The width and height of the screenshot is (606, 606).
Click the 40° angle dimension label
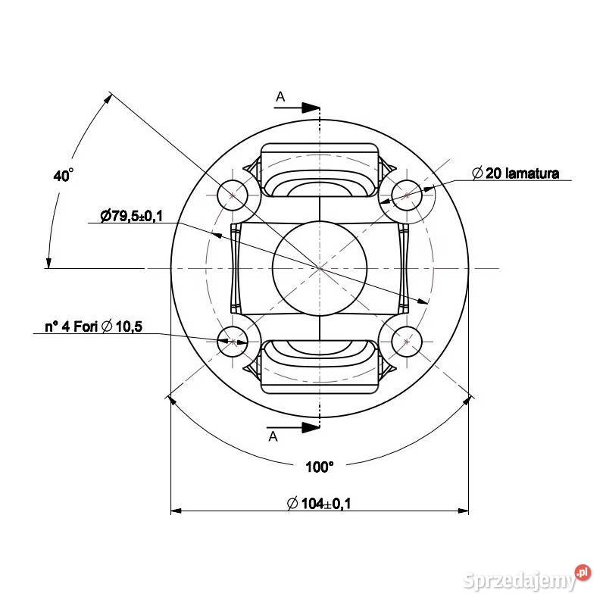coord(63,176)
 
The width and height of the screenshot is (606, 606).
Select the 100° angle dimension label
coord(319,467)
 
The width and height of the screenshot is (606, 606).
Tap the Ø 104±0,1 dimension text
coord(319,504)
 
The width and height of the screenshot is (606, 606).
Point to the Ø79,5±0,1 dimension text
coord(132,216)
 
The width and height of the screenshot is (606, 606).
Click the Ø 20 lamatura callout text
coord(516,173)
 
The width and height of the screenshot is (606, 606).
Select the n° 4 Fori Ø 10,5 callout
coord(93,326)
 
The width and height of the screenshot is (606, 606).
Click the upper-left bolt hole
coord(233,195)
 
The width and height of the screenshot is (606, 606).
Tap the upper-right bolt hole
coord(407,195)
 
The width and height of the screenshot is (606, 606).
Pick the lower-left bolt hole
coord(233,342)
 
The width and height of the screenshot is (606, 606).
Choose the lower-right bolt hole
coord(407,342)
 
